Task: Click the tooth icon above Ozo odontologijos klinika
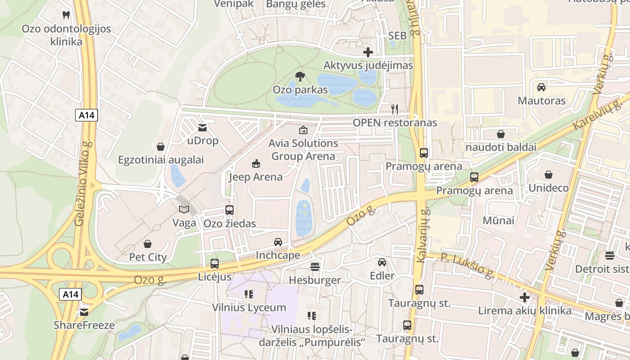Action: pyautogui.click(x=66, y=15)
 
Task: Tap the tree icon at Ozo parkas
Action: pyautogui.click(x=300, y=76)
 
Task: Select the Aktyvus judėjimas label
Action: pyautogui.click(x=368, y=66)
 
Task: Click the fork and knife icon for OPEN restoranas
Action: pyautogui.click(x=395, y=109)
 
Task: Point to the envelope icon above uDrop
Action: pyautogui.click(x=202, y=128)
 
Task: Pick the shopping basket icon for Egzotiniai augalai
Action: pyautogui.click(x=161, y=147)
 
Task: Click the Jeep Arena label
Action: pyautogui.click(x=256, y=177)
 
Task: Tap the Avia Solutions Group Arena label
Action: pyautogui.click(x=303, y=150)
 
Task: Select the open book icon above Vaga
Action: pyautogui.click(x=184, y=209)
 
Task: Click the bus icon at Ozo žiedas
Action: pyautogui.click(x=229, y=210)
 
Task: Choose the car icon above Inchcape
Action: pyautogui.click(x=278, y=242)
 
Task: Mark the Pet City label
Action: pyautogui.click(x=148, y=257)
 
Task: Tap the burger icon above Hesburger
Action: pyautogui.click(x=315, y=267)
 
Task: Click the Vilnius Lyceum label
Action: pyautogui.click(x=249, y=308)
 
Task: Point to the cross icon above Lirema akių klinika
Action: pyautogui.click(x=525, y=297)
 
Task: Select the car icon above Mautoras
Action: pyautogui.click(x=541, y=87)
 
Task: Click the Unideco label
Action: pyautogui.click(x=549, y=188)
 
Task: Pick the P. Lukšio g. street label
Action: pyautogui.click(x=468, y=265)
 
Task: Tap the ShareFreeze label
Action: pyautogui.click(x=84, y=325)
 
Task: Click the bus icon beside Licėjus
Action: pyautogui.click(x=215, y=264)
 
